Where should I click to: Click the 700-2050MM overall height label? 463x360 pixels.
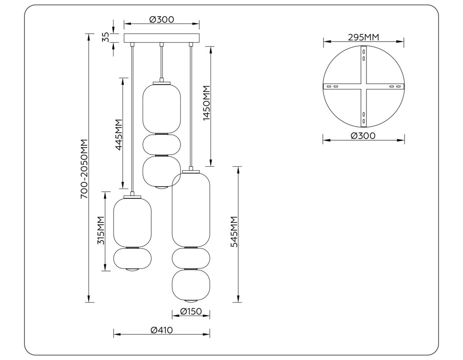point(84,169)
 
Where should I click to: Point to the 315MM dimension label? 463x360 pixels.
point(101,231)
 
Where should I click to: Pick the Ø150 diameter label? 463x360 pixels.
point(191,311)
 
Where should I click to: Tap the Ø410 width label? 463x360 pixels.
point(161,330)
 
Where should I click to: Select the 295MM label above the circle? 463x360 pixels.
point(363,37)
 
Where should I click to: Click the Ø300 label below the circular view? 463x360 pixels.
point(363,136)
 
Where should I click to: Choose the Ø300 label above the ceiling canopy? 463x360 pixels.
point(161,19)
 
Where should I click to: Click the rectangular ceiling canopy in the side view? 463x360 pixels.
point(162,38)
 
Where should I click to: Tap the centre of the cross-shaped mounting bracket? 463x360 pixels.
point(363,86)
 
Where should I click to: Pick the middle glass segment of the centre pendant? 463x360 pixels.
point(162,144)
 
